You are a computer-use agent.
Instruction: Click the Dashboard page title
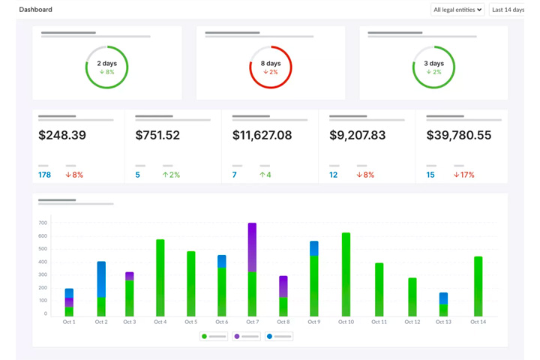pyautogui.click(x=35, y=10)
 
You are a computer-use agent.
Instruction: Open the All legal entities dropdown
pyautogui.click(x=457, y=10)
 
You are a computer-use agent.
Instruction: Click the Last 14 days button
pyautogui.click(x=508, y=10)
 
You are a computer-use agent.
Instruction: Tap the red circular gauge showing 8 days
pyautogui.click(x=271, y=67)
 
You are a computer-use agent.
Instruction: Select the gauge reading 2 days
pyautogui.click(x=106, y=67)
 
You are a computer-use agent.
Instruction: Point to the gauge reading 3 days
pyautogui.click(x=433, y=67)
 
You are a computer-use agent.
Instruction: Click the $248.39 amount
pyautogui.click(x=62, y=136)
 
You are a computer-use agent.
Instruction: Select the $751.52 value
pyautogui.click(x=157, y=136)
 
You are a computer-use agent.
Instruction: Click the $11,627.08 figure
pyautogui.click(x=262, y=136)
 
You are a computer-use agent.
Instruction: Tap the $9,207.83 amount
pyautogui.click(x=358, y=136)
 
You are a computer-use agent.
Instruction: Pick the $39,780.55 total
pyautogui.click(x=459, y=136)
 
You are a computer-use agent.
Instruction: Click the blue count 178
pyautogui.click(x=44, y=175)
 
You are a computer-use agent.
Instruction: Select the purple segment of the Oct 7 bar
pyautogui.click(x=252, y=247)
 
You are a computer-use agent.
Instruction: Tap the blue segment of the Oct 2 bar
pyautogui.click(x=101, y=279)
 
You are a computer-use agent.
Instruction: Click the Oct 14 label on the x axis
pyautogui.click(x=478, y=322)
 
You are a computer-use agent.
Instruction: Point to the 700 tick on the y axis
pyautogui.click(x=43, y=223)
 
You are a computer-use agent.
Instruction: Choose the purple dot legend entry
pyautogui.click(x=247, y=337)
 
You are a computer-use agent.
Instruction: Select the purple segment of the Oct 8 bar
pyautogui.click(x=283, y=286)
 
